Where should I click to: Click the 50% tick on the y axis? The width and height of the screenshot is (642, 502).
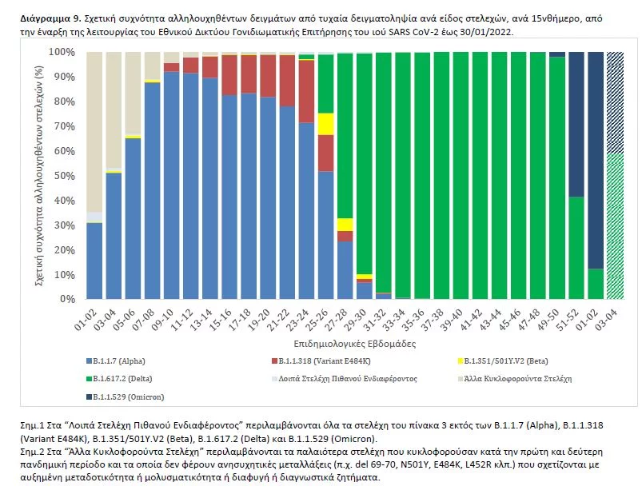pos(65,175)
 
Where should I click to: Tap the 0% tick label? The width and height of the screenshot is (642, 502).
pos(67,299)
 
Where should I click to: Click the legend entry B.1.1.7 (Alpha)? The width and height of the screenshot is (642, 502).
pos(122,361)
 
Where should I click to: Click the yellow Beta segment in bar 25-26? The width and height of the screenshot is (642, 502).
pos(325,124)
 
